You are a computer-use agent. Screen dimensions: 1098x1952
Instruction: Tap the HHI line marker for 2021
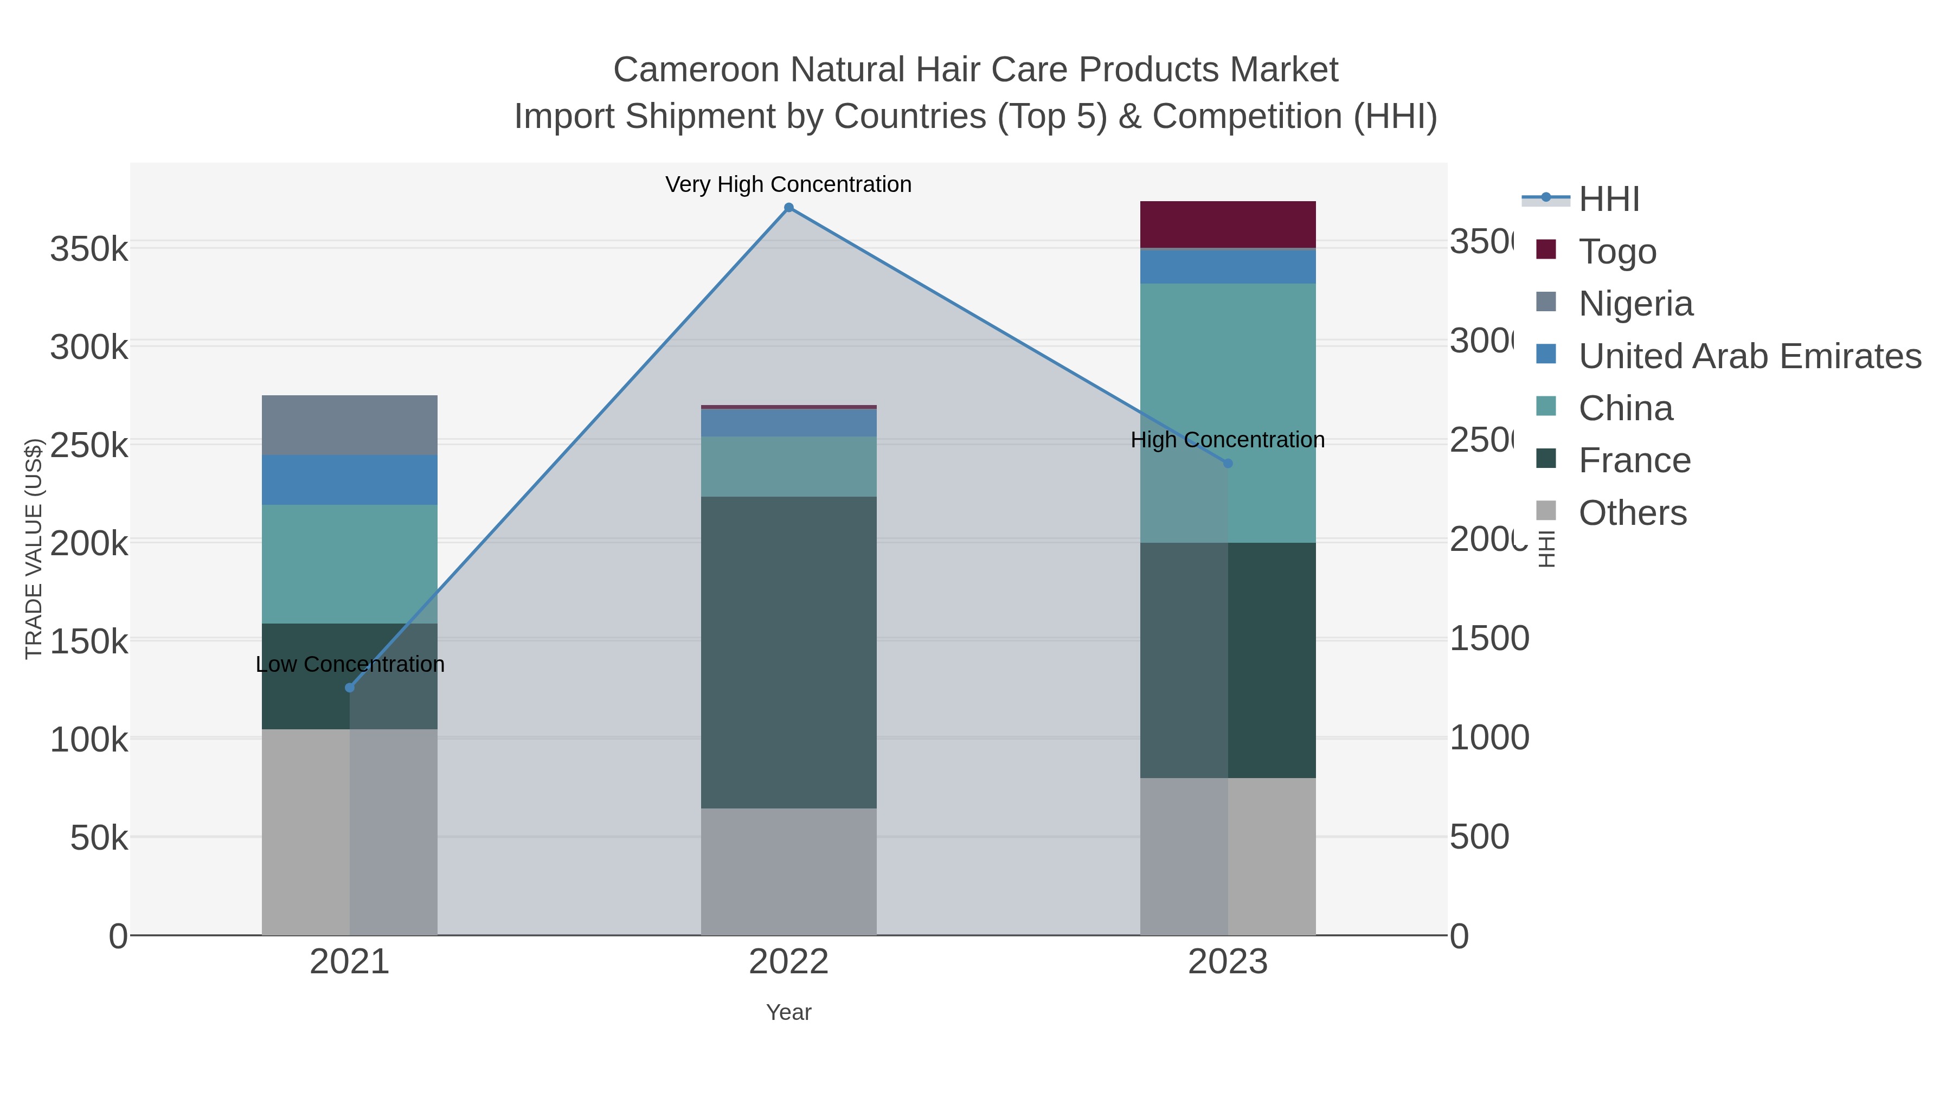coord(349,688)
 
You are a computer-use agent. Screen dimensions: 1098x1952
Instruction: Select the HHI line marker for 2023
coord(1228,463)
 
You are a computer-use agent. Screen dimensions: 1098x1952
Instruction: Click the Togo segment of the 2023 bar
coord(1228,224)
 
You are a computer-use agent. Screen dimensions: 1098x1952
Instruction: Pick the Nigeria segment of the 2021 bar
coord(349,425)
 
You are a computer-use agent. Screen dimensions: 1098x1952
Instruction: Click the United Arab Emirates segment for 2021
coord(349,480)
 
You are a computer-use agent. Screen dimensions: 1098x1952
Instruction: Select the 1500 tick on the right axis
coord(1489,639)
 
